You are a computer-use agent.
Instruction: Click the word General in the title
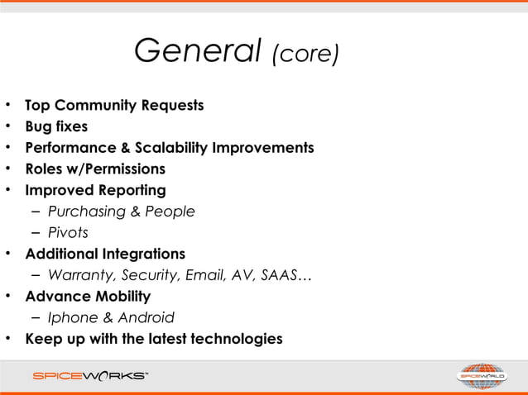tap(197, 52)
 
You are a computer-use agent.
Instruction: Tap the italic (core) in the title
tap(305, 55)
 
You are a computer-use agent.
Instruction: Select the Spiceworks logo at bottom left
tap(91, 376)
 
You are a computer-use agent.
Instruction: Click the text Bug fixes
tap(56, 127)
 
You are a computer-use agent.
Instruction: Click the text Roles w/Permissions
tap(95, 169)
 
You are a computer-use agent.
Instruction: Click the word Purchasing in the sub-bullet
tap(87, 212)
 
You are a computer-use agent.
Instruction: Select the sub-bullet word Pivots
tap(68, 233)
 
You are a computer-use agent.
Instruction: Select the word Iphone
tap(72, 317)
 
